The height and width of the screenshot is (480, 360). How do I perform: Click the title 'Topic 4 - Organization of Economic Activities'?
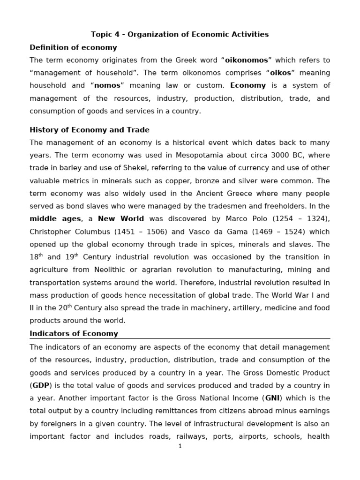click(180, 34)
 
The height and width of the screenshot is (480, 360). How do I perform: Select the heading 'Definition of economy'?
click(73, 47)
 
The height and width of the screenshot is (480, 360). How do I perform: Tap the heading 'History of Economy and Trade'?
click(90, 130)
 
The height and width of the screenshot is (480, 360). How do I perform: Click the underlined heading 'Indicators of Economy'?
click(74, 334)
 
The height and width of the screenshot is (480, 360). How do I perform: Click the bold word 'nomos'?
click(108, 85)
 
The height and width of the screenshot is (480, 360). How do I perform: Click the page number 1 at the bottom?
click(180, 446)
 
